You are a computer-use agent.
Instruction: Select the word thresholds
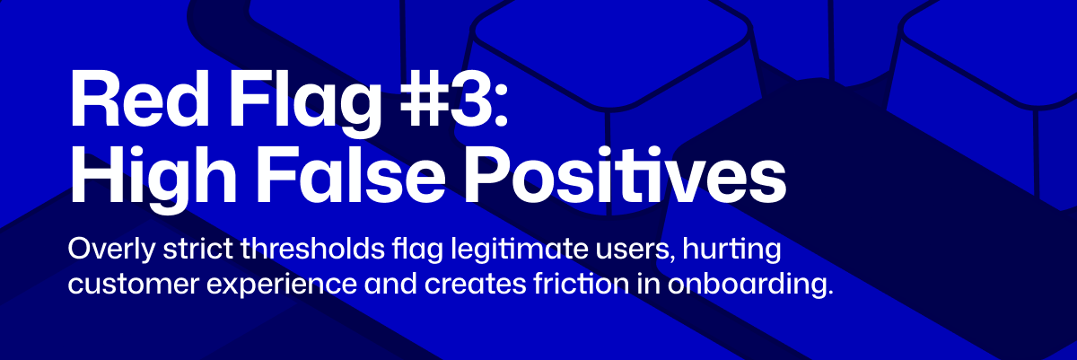313,249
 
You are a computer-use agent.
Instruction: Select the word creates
475,285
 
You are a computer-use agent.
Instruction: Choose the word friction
581,284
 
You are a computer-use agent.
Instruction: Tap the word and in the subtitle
390,284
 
